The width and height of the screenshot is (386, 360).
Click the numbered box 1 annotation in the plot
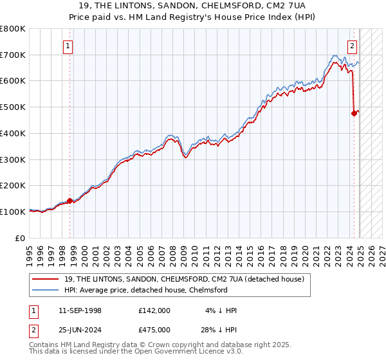(x=68, y=46)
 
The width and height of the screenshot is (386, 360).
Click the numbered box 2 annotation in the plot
(x=353, y=46)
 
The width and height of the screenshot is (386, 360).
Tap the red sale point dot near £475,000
(x=354, y=114)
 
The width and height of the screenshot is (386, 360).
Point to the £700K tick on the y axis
(x=14, y=55)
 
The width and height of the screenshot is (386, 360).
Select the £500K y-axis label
(x=14, y=107)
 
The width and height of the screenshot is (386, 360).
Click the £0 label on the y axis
(x=21, y=238)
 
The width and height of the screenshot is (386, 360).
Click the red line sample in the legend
(x=47, y=278)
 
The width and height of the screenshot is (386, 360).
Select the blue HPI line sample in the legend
(x=47, y=290)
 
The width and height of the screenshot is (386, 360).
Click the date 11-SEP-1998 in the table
(x=80, y=310)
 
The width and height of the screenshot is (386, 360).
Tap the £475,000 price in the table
(x=154, y=330)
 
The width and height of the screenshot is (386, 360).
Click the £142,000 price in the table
(x=154, y=310)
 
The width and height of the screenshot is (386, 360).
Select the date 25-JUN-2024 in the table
(x=80, y=330)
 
